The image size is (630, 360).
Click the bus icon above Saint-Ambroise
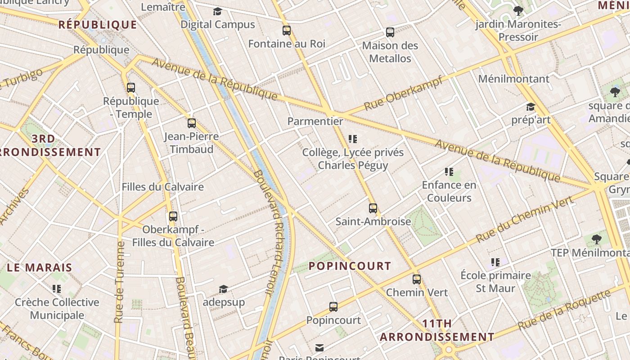click(373, 208)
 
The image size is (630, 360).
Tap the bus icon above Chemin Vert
click(417, 279)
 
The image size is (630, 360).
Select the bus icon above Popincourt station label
click(333, 307)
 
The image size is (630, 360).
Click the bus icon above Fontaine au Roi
click(287, 31)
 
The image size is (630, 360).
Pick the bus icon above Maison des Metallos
click(390, 32)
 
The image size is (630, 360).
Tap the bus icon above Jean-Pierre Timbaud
click(192, 123)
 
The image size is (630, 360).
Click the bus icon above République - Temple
click(131, 88)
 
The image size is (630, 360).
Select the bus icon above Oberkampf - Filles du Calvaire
click(173, 216)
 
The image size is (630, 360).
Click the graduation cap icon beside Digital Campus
click(218, 11)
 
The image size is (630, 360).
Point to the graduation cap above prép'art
click(531, 107)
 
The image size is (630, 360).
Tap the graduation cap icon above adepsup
click(223, 289)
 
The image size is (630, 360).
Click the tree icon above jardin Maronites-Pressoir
click(518, 10)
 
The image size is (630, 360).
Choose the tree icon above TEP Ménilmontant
click(597, 239)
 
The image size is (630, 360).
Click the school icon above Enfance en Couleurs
click(449, 171)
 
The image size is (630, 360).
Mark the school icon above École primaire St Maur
click(495, 262)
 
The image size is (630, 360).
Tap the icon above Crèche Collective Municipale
click(57, 288)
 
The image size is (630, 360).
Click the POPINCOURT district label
click(350, 266)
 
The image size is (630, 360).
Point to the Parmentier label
click(315, 121)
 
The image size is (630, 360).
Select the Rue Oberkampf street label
click(403, 94)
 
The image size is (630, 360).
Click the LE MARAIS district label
click(40, 268)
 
